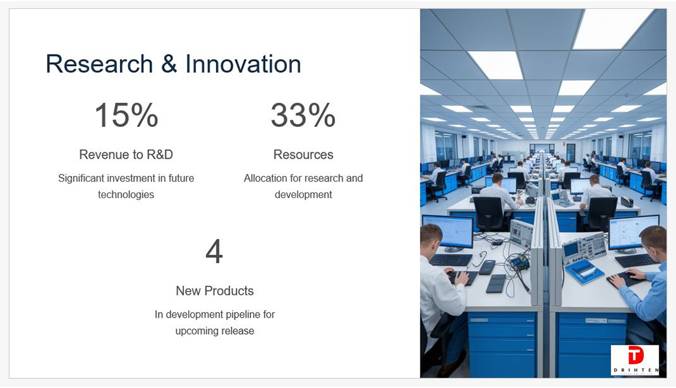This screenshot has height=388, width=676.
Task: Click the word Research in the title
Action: click(x=99, y=64)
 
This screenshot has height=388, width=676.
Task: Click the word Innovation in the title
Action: click(x=243, y=64)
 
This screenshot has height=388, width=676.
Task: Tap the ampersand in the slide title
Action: click(x=169, y=64)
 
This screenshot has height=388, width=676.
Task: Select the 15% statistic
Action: click(x=127, y=116)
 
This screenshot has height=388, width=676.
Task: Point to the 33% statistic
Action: click(x=303, y=116)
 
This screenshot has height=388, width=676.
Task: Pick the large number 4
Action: click(x=214, y=251)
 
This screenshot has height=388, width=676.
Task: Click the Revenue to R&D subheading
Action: click(x=126, y=154)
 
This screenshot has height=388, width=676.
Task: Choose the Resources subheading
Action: click(x=303, y=154)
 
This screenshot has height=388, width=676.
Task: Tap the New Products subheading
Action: click(x=215, y=291)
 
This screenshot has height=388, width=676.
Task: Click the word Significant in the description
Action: click(x=81, y=178)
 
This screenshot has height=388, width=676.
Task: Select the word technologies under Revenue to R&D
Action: click(x=126, y=195)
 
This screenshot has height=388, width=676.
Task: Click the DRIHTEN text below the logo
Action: click(x=635, y=370)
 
